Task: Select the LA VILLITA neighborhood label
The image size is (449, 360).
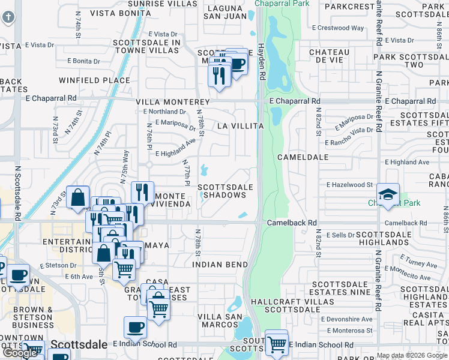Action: (240, 126)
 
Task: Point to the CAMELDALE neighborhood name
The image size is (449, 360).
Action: (303, 157)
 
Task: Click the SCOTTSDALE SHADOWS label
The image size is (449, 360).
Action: (225, 191)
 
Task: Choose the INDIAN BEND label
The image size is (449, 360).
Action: (220, 265)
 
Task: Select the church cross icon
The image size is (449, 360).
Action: (8, 16)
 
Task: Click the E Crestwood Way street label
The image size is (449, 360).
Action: (339, 28)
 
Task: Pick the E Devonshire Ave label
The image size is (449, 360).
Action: (346, 319)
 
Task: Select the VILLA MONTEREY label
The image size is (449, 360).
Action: (172, 103)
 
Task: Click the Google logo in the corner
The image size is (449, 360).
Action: (20, 352)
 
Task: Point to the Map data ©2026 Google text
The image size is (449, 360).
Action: (412, 356)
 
